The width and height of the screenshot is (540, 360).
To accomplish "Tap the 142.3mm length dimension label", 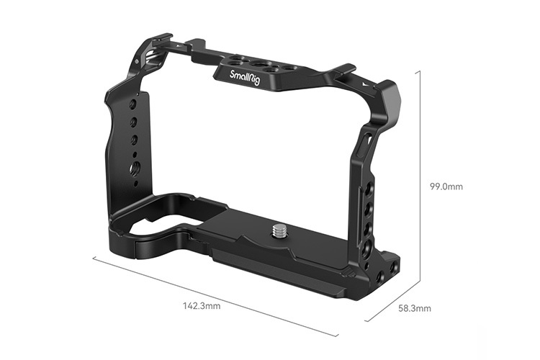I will pyautogui.click(x=203, y=305).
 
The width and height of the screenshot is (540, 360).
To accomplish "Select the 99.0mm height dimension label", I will pyautogui.click(x=446, y=186).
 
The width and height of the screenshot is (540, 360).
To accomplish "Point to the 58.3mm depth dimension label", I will pyautogui.click(x=415, y=308).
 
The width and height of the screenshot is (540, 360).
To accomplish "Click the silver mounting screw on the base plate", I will pyautogui.click(x=279, y=232).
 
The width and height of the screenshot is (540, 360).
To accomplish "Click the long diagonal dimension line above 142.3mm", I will pyautogui.click(x=216, y=295).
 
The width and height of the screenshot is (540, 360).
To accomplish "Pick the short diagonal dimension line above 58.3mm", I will pyautogui.click(x=393, y=302).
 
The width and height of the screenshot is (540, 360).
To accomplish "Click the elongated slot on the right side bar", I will pyautogui.click(x=366, y=141).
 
